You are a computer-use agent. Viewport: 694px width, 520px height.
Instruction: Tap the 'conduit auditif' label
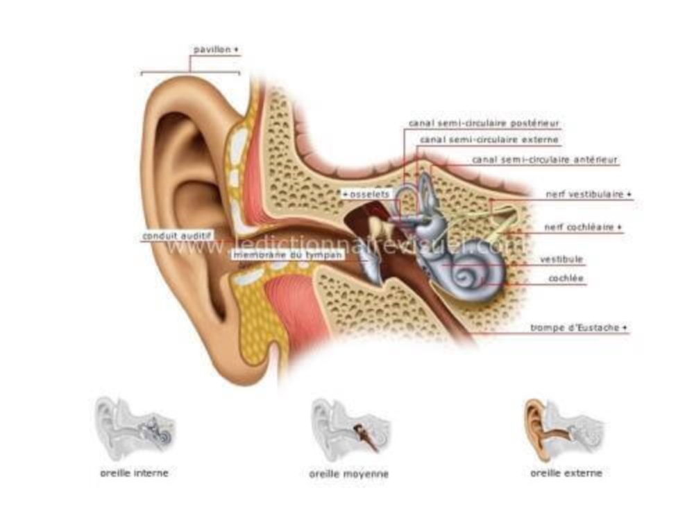point(176,236)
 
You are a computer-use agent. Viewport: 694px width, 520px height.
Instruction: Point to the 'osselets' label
point(366,194)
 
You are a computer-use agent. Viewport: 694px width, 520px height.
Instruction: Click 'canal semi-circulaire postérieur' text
point(484,123)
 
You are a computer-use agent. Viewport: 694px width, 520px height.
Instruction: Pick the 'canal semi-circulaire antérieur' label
point(544,159)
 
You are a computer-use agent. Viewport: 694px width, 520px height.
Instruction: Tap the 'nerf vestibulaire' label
point(587,195)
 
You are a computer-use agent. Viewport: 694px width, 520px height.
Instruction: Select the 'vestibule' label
point(561,260)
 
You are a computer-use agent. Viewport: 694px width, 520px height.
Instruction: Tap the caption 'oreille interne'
point(133,473)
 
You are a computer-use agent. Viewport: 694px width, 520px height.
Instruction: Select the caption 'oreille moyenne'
point(348,474)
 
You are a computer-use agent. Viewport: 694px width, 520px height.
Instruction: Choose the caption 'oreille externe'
point(566,473)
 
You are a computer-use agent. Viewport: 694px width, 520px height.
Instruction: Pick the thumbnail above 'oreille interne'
point(135,426)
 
